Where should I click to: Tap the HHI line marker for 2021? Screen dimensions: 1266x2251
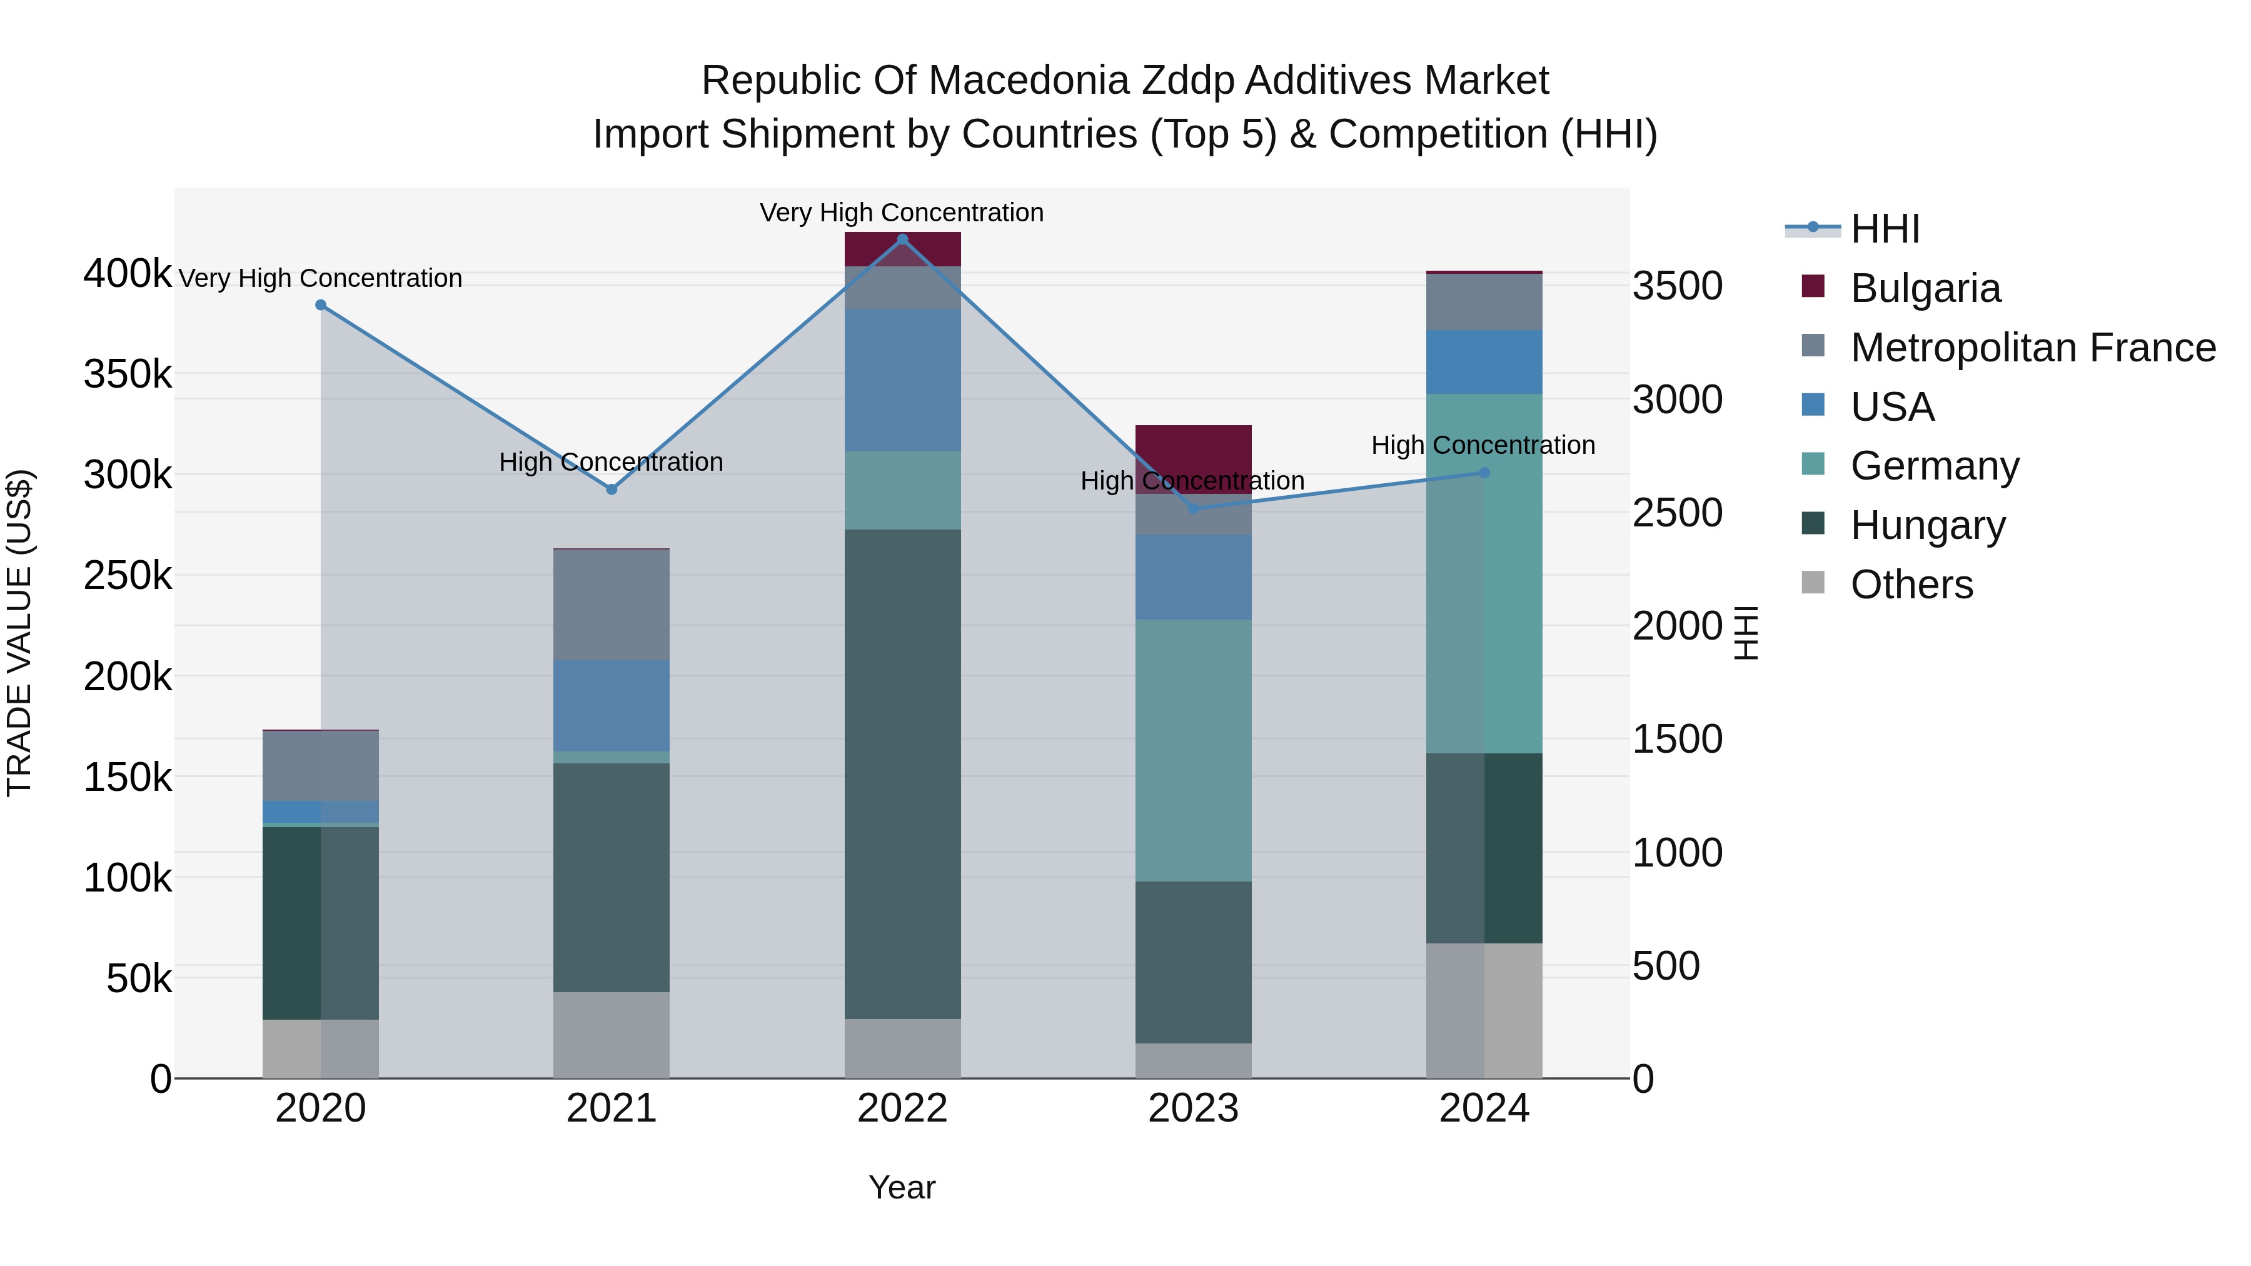(x=612, y=490)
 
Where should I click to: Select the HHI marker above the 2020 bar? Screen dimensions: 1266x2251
(x=321, y=305)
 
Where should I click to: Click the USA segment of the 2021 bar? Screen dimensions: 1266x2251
(x=612, y=705)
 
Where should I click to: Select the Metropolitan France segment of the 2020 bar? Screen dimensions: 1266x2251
(x=321, y=765)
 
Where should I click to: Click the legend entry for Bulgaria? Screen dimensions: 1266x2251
(x=1925, y=288)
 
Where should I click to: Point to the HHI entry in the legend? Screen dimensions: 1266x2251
(x=1885, y=229)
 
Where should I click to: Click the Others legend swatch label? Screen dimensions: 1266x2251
(x=1911, y=585)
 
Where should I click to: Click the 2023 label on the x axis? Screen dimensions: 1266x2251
(x=1194, y=1108)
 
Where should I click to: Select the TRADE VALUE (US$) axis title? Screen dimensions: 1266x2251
(x=20, y=633)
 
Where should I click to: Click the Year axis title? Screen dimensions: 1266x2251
(x=902, y=1187)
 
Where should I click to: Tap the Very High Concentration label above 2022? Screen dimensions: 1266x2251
(x=902, y=213)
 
